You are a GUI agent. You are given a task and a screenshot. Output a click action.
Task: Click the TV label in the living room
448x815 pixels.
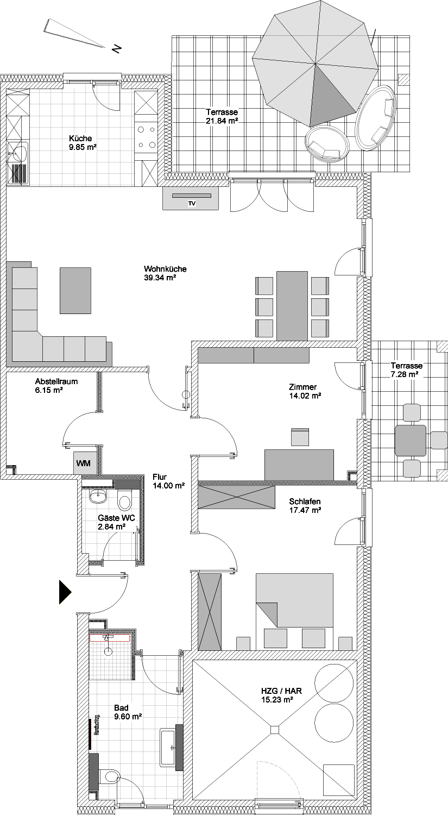tap(192, 204)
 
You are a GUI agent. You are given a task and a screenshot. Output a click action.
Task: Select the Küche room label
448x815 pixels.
tap(80, 138)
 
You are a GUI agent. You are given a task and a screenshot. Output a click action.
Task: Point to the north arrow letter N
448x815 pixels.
tap(116, 48)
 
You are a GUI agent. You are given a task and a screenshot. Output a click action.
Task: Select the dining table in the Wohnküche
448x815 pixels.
tap(292, 305)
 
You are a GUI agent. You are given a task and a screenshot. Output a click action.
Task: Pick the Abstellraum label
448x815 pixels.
tap(56, 381)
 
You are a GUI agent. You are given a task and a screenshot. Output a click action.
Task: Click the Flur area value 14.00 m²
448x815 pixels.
tap(169, 485)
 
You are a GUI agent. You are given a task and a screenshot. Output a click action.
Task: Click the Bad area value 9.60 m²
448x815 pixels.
tap(128, 717)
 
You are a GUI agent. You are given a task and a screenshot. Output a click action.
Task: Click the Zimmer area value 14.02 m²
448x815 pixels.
tap(305, 396)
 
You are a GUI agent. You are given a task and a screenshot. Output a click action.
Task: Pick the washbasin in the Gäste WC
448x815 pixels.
tap(98, 496)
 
